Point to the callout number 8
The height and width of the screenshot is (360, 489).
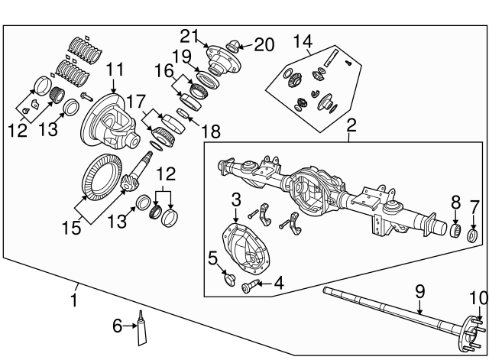[x=455, y=203]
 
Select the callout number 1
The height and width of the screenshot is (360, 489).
[x=73, y=300]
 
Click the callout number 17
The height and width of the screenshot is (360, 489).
[x=135, y=99]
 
